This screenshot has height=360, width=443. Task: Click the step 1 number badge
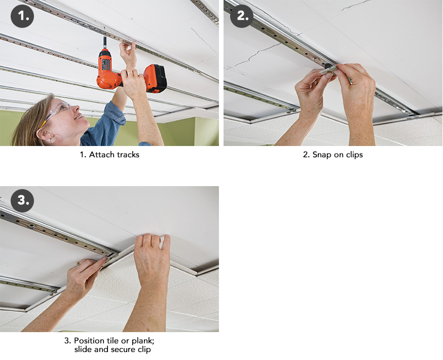[x=22, y=16]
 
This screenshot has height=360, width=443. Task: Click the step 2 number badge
[x=242, y=16]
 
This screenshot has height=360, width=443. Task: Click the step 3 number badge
[x=22, y=201]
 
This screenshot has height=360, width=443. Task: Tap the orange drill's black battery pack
[x=156, y=78]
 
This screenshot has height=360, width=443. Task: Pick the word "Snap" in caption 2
[x=322, y=155]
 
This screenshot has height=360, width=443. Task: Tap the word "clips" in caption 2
[x=353, y=155]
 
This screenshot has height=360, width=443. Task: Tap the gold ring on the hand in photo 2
[x=315, y=83]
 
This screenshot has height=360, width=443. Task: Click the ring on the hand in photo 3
[x=78, y=265]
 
